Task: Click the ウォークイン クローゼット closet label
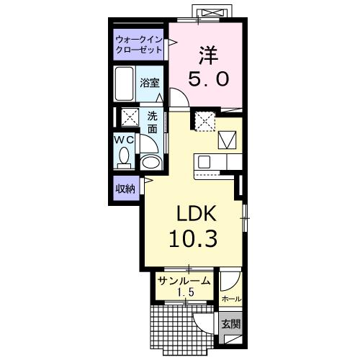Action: (138, 46)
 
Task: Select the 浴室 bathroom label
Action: (150, 84)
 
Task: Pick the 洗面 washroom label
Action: (153, 122)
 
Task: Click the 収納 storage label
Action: (125, 189)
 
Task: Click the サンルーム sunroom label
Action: (184, 282)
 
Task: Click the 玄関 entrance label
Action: (230, 323)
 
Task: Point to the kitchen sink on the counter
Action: (204, 161)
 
